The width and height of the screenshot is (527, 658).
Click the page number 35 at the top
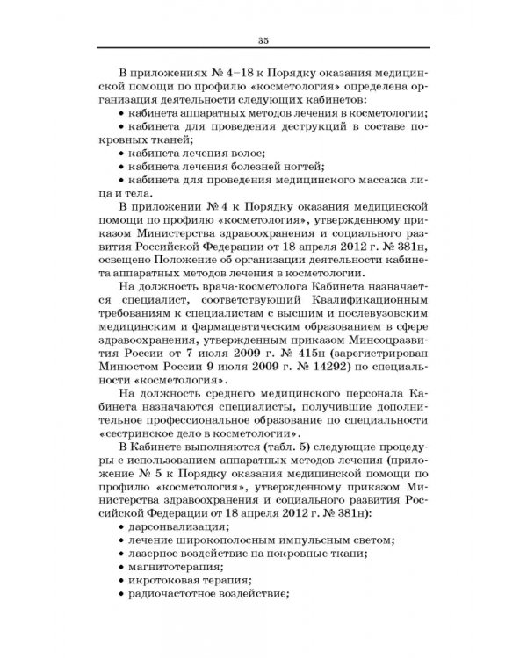click(263, 40)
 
